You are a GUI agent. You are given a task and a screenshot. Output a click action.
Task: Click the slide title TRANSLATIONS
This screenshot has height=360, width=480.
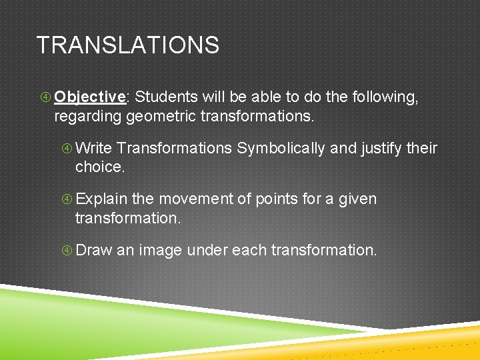[127, 45]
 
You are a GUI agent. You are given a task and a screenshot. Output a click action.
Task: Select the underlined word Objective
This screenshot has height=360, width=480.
[90, 97]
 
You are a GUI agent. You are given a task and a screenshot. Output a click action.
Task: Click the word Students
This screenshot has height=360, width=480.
[163, 97]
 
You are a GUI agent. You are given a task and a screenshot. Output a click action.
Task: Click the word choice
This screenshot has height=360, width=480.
[100, 167]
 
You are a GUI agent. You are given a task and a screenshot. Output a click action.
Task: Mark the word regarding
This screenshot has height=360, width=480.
[88, 117]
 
